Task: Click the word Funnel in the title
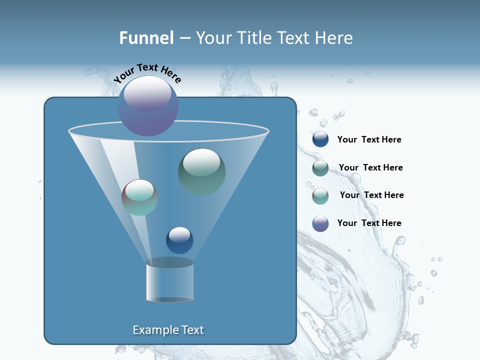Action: pyautogui.click(x=146, y=37)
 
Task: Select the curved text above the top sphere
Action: pyautogui.click(x=147, y=73)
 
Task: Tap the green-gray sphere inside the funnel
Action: pyautogui.click(x=201, y=172)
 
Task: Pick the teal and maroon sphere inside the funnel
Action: pyautogui.click(x=139, y=197)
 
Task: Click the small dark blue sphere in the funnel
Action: pyautogui.click(x=179, y=240)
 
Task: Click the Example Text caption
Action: pyautogui.click(x=168, y=330)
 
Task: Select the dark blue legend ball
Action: pyautogui.click(x=320, y=139)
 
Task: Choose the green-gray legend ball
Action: pyautogui.click(x=320, y=168)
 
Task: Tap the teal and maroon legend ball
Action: pyautogui.click(x=320, y=196)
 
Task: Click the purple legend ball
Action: pyautogui.click(x=320, y=223)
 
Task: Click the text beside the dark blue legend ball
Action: pyautogui.click(x=369, y=140)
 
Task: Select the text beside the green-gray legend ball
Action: pyautogui.click(x=370, y=168)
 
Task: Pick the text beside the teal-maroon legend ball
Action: pyautogui.click(x=371, y=195)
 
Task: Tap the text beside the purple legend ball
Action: pyautogui.click(x=369, y=223)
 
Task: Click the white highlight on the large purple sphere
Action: pyautogui.click(x=147, y=93)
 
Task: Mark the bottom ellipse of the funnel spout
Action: pyautogui.click(x=169, y=299)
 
